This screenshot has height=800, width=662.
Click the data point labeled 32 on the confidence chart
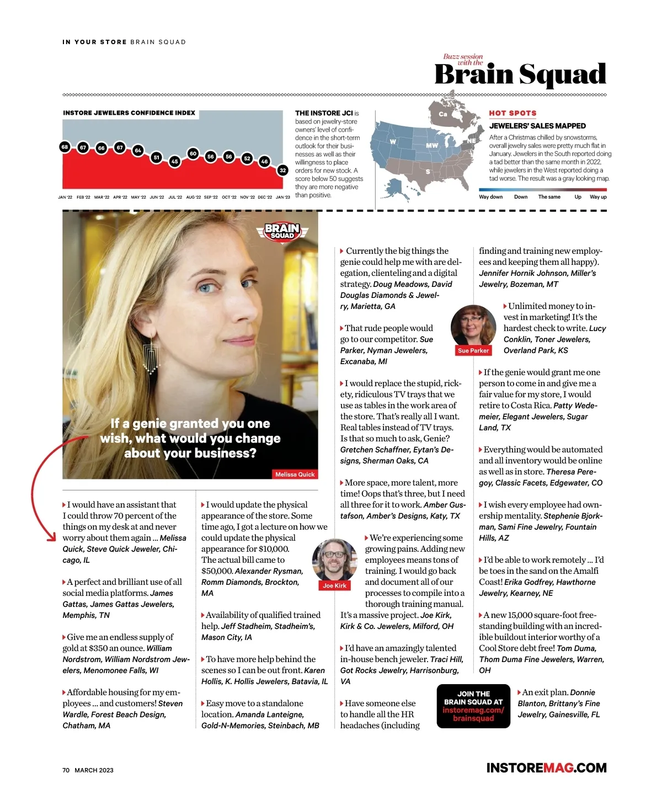coord(283,170)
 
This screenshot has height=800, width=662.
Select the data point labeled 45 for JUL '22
coord(174,162)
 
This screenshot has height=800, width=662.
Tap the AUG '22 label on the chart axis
coord(193,197)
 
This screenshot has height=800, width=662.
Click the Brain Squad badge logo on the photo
coord(282,231)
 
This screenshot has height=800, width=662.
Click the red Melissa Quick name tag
coord(295,474)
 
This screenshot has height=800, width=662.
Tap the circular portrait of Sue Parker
coord(473,326)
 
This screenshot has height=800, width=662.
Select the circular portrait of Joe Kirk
coord(334,560)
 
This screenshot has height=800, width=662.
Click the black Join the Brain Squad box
coord(473,706)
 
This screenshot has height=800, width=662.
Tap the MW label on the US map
coord(432,146)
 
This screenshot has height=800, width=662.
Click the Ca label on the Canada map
coord(442,114)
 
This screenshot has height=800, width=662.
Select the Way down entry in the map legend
coord(490,197)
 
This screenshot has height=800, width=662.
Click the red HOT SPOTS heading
coord(512,113)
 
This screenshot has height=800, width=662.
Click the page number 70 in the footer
coord(66,770)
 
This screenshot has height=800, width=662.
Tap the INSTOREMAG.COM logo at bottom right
coord(546,768)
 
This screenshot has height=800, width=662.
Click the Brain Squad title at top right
coord(520,74)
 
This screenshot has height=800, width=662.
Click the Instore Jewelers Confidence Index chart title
coord(129,113)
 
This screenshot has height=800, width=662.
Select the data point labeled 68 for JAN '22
coord(65,147)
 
